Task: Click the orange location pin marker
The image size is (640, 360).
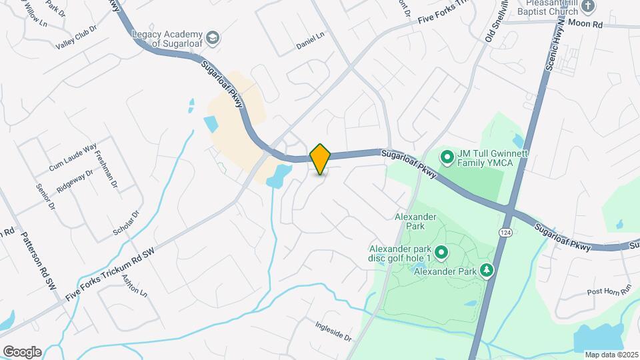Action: (x=321, y=159)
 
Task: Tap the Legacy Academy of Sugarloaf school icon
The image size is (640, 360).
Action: (x=213, y=37)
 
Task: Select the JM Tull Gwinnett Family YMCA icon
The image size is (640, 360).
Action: (x=446, y=158)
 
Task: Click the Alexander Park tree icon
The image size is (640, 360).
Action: (x=487, y=270)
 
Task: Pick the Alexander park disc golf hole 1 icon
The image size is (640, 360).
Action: (x=441, y=253)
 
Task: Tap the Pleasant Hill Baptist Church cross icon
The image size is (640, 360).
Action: (x=588, y=7)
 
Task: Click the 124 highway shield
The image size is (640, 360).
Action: (x=505, y=230)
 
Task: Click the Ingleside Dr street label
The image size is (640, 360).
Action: (x=333, y=330)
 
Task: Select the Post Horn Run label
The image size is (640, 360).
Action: (x=609, y=291)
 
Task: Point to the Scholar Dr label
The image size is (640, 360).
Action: (x=126, y=223)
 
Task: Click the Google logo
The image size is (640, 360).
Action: (x=22, y=351)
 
